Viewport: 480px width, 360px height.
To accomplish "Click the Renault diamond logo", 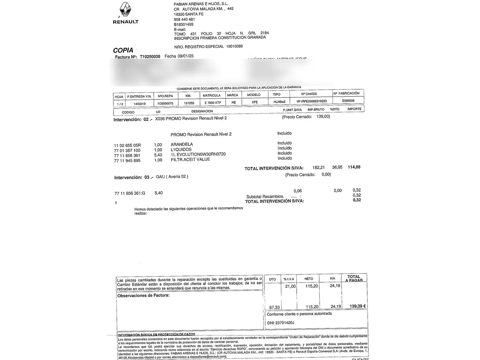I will click(x=125, y=10).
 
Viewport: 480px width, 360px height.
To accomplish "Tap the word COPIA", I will click(x=123, y=50).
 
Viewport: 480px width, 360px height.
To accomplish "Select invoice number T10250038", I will click(x=150, y=57).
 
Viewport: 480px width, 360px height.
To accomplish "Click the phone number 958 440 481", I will click(x=184, y=19).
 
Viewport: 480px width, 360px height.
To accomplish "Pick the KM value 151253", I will click(x=189, y=103).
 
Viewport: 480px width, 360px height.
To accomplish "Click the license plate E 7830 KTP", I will click(x=213, y=103).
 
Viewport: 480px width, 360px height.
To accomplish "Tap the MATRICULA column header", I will click(x=212, y=96).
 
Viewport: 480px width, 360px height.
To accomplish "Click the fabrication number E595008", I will click(x=348, y=101).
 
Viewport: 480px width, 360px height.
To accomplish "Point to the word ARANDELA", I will click(x=182, y=144).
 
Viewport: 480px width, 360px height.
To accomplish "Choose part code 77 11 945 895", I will click(x=127, y=161).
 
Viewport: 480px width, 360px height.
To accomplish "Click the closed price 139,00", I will click(x=323, y=117).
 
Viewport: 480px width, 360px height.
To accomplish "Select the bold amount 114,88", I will click(x=354, y=167).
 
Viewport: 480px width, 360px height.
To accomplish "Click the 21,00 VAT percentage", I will click(x=290, y=286).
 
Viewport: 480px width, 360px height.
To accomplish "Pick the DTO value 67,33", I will click(x=274, y=307).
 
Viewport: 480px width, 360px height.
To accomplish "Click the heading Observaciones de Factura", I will click(x=143, y=295).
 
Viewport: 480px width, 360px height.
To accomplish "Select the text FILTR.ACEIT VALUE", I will click(x=190, y=159).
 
